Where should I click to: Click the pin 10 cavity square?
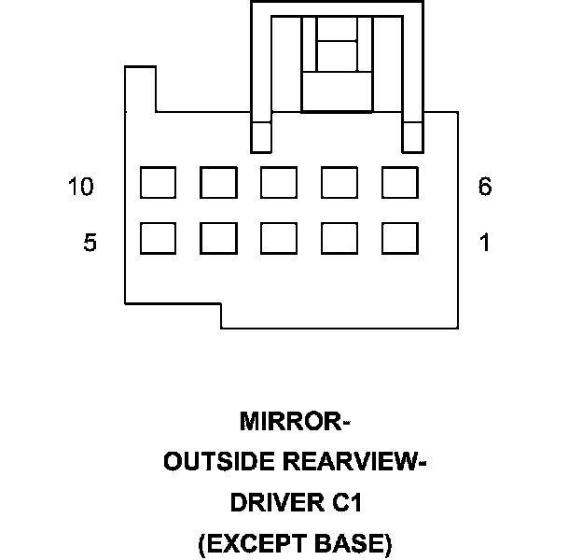click(158, 183)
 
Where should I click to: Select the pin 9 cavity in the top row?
click(218, 183)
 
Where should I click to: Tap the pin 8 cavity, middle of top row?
click(279, 183)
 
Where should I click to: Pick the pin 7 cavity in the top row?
click(339, 183)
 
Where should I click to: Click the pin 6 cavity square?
click(400, 183)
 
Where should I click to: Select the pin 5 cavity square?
click(158, 239)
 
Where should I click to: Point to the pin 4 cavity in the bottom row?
click(218, 239)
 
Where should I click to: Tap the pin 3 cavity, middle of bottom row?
click(279, 239)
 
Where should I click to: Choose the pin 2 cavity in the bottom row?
click(339, 239)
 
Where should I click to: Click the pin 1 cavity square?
click(400, 239)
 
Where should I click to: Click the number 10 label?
click(81, 188)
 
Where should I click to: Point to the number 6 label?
click(484, 188)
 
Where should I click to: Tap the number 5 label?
click(90, 244)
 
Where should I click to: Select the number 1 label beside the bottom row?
click(484, 244)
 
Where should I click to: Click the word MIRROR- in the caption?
click(295, 421)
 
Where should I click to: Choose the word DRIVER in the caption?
click(272, 503)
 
